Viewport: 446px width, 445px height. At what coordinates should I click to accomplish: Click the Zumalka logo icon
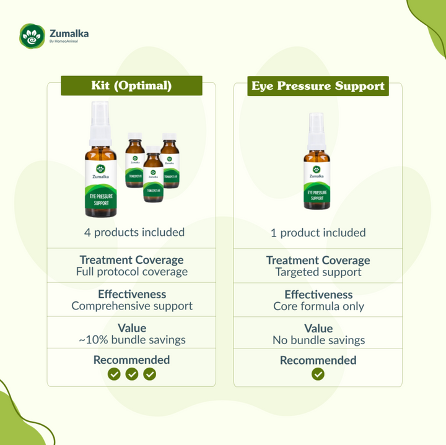(x=30, y=35)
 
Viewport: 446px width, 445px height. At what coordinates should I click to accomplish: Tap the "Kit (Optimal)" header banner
(x=131, y=85)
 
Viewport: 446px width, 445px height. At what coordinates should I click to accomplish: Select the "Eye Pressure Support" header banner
(x=318, y=86)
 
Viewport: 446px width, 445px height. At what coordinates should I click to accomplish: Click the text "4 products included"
(x=134, y=233)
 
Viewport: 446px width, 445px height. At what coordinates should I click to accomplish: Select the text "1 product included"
(x=318, y=233)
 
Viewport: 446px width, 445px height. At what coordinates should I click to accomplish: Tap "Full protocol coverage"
(x=131, y=272)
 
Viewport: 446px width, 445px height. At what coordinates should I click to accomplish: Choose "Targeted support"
(x=318, y=272)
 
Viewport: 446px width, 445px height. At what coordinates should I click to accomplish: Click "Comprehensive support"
(x=131, y=306)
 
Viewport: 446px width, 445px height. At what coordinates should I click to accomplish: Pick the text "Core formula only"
(x=318, y=306)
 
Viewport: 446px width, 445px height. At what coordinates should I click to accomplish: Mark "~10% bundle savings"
(x=131, y=340)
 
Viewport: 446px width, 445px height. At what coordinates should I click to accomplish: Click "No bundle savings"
(x=318, y=340)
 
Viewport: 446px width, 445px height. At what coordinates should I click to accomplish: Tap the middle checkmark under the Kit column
(x=131, y=374)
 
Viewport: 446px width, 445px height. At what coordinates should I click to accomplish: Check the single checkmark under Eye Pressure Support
(x=318, y=374)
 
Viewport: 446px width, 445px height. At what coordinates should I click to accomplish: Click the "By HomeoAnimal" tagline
(x=65, y=42)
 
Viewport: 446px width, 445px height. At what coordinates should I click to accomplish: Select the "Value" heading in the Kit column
(x=131, y=328)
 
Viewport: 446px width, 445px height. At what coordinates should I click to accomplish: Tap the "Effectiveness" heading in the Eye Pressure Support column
(x=318, y=295)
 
